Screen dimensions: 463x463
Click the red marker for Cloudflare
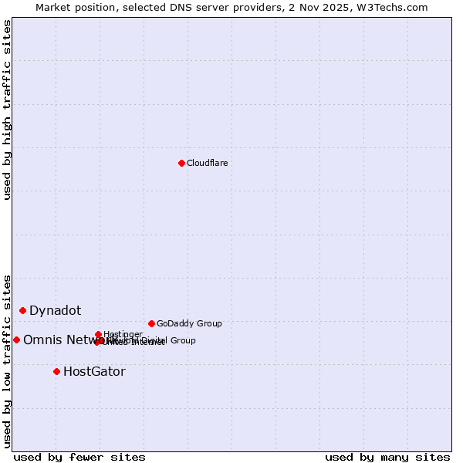(x=181, y=163)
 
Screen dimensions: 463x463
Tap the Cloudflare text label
(x=207, y=163)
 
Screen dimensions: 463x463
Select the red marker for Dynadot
(x=22, y=310)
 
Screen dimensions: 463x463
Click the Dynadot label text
(x=55, y=310)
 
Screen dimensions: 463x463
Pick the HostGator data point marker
(x=56, y=371)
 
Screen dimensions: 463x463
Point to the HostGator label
(x=94, y=371)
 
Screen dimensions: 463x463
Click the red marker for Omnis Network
(x=16, y=340)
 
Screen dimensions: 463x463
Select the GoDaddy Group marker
(x=151, y=323)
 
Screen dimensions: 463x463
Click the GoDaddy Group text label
(x=189, y=323)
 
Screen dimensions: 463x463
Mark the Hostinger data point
(x=98, y=334)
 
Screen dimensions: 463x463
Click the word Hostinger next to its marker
(x=123, y=334)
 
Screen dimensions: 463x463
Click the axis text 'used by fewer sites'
(x=79, y=457)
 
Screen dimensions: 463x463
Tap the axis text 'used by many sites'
(x=387, y=457)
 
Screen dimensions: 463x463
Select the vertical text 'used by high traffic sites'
(x=7, y=110)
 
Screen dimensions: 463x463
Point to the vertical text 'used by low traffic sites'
(x=7, y=361)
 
